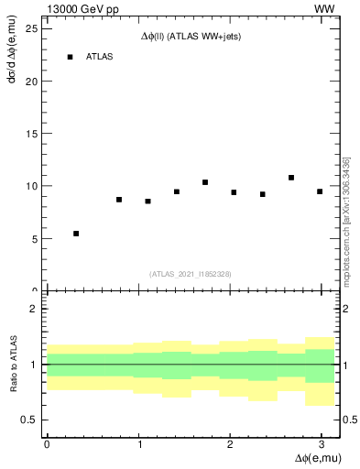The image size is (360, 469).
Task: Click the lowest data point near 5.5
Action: (76, 234)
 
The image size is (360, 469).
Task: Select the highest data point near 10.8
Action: (291, 178)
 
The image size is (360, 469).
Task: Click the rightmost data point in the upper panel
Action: (320, 191)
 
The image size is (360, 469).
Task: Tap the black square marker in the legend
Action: (70, 57)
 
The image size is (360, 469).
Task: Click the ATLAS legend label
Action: (100, 57)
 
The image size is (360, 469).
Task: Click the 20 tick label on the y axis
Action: (32, 81)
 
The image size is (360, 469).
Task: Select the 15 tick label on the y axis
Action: (32, 134)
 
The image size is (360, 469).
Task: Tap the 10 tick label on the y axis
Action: (32, 186)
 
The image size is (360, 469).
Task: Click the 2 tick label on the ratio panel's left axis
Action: (35, 309)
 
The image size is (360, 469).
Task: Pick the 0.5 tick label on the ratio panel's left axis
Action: (30, 420)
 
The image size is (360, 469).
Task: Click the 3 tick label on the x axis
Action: (322, 443)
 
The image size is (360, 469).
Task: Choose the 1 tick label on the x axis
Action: (138, 443)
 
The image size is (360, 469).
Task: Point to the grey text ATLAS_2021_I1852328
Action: (191, 273)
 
